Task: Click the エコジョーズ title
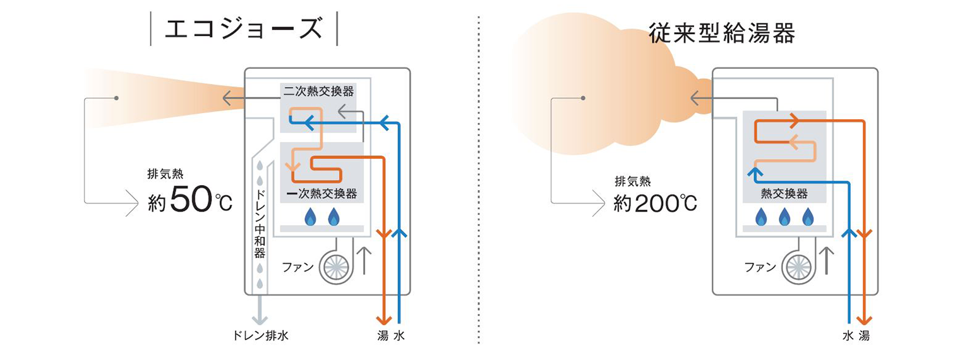point(244,28)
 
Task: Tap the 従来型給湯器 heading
point(722,33)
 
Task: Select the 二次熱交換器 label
point(318,91)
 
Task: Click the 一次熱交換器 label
point(321,192)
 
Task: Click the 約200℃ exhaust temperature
point(656,203)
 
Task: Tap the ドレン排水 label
point(260,335)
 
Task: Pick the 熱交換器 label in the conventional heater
point(784,193)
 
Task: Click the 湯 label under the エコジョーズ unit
point(382,336)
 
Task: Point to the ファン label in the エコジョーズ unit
point(297,267)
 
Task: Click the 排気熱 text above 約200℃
point(632,182)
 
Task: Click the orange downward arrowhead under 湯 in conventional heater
point(866,319)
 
